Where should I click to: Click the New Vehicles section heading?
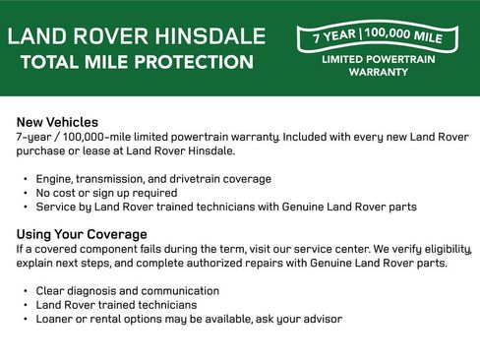[x=57, y=122]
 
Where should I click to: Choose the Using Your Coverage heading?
[x=82, y=234]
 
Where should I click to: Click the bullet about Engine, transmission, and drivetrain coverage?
[x=152, y=179]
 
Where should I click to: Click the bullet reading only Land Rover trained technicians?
[x=116, y=305]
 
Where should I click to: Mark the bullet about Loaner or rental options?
[x=189, y=319]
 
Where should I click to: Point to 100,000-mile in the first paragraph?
[x=112, y=137]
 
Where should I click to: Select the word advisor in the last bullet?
[x=320, y=319]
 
